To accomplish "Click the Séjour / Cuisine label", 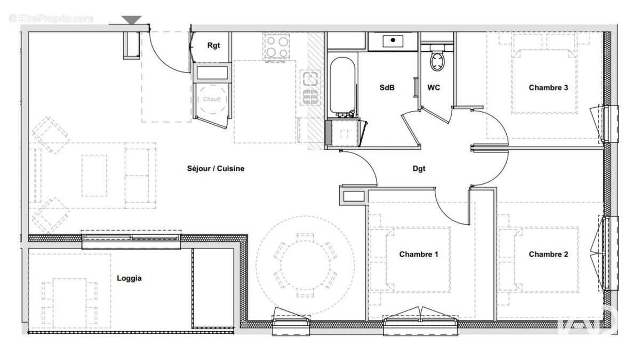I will [215, 169].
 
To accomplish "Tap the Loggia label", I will [129, 278].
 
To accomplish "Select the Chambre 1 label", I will [419, 254].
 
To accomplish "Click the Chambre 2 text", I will [548, 254].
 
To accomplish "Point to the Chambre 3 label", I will [548, 87].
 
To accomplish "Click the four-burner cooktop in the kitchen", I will [277, 46].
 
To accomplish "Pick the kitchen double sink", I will [310, 87].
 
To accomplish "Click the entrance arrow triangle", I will [131, 20].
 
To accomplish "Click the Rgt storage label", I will [213, 46].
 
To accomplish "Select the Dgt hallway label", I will [419, 169].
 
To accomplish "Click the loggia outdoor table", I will [70, 302].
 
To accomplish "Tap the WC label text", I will [434, 87].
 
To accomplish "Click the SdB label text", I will [387, 87].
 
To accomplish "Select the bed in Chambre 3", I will [544, 80].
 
